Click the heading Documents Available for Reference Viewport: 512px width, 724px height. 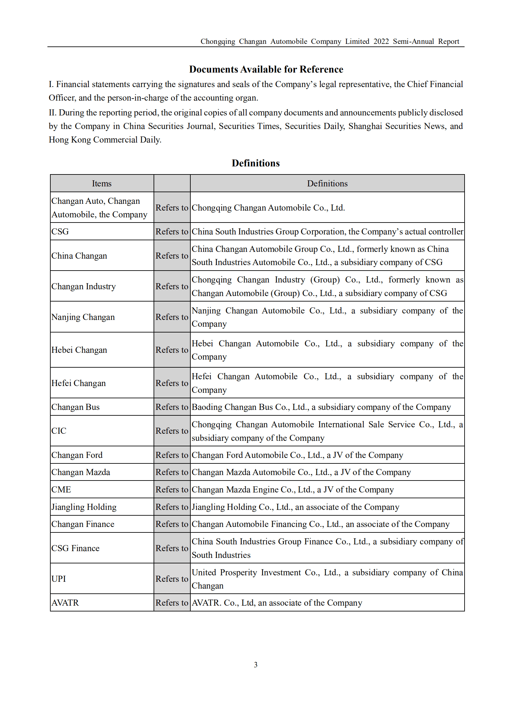[266, 69]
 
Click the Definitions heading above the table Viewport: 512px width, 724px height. [256, 163]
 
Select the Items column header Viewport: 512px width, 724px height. [102, 183]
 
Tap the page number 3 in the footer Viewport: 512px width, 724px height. [256, 665]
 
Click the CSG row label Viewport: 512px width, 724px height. [60, 232]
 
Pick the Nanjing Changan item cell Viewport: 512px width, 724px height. [83, 317]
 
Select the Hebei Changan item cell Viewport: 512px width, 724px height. [79, 350]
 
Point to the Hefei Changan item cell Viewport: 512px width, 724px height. [78, 383]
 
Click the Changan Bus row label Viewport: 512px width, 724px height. [75, 407]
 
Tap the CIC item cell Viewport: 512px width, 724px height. [59, 431]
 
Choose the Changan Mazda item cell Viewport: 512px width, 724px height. [81, 472]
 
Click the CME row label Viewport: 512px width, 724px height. [61, 490]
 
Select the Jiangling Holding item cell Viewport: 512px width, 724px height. [84, 507]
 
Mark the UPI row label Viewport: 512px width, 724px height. [58, 579]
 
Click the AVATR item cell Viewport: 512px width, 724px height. [65, 603]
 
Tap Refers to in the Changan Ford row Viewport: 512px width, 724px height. [172, 455]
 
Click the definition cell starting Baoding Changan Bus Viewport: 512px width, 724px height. [321, 407]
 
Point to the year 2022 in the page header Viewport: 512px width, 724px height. [381, 42]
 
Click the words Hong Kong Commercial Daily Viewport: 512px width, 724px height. [105, 140]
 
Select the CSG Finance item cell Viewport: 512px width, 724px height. [75, 548]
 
